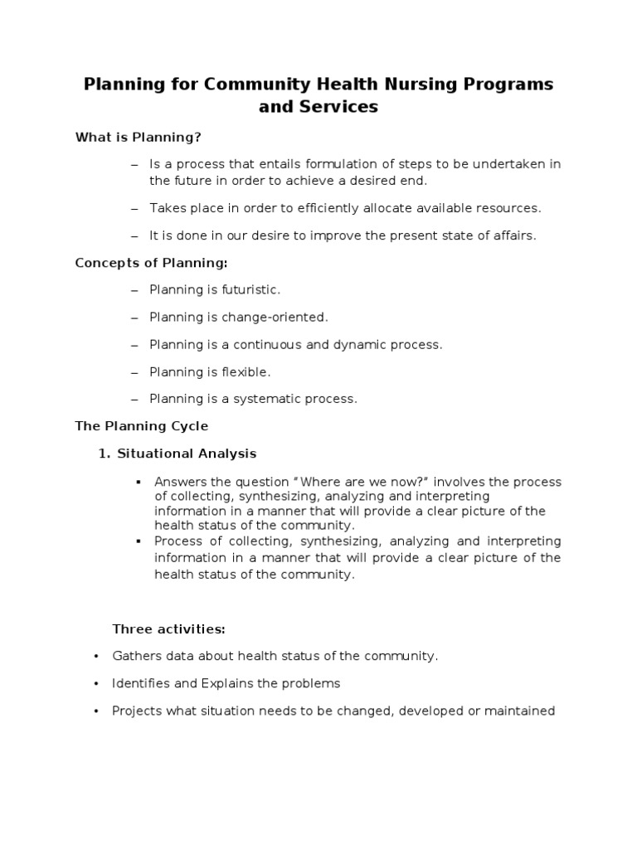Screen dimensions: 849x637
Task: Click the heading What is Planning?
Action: coord(139,137)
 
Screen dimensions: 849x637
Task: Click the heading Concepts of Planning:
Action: coord(151,263)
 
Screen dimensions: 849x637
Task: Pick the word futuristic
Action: coord(249,290)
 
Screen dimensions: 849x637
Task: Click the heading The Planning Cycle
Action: coord(142,426)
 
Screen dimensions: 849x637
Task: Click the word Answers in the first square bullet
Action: coord(178,483)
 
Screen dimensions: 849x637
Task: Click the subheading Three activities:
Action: coord(169,629)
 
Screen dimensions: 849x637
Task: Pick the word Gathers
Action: coord(136,657)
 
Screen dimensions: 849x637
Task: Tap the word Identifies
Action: coord(142,684)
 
